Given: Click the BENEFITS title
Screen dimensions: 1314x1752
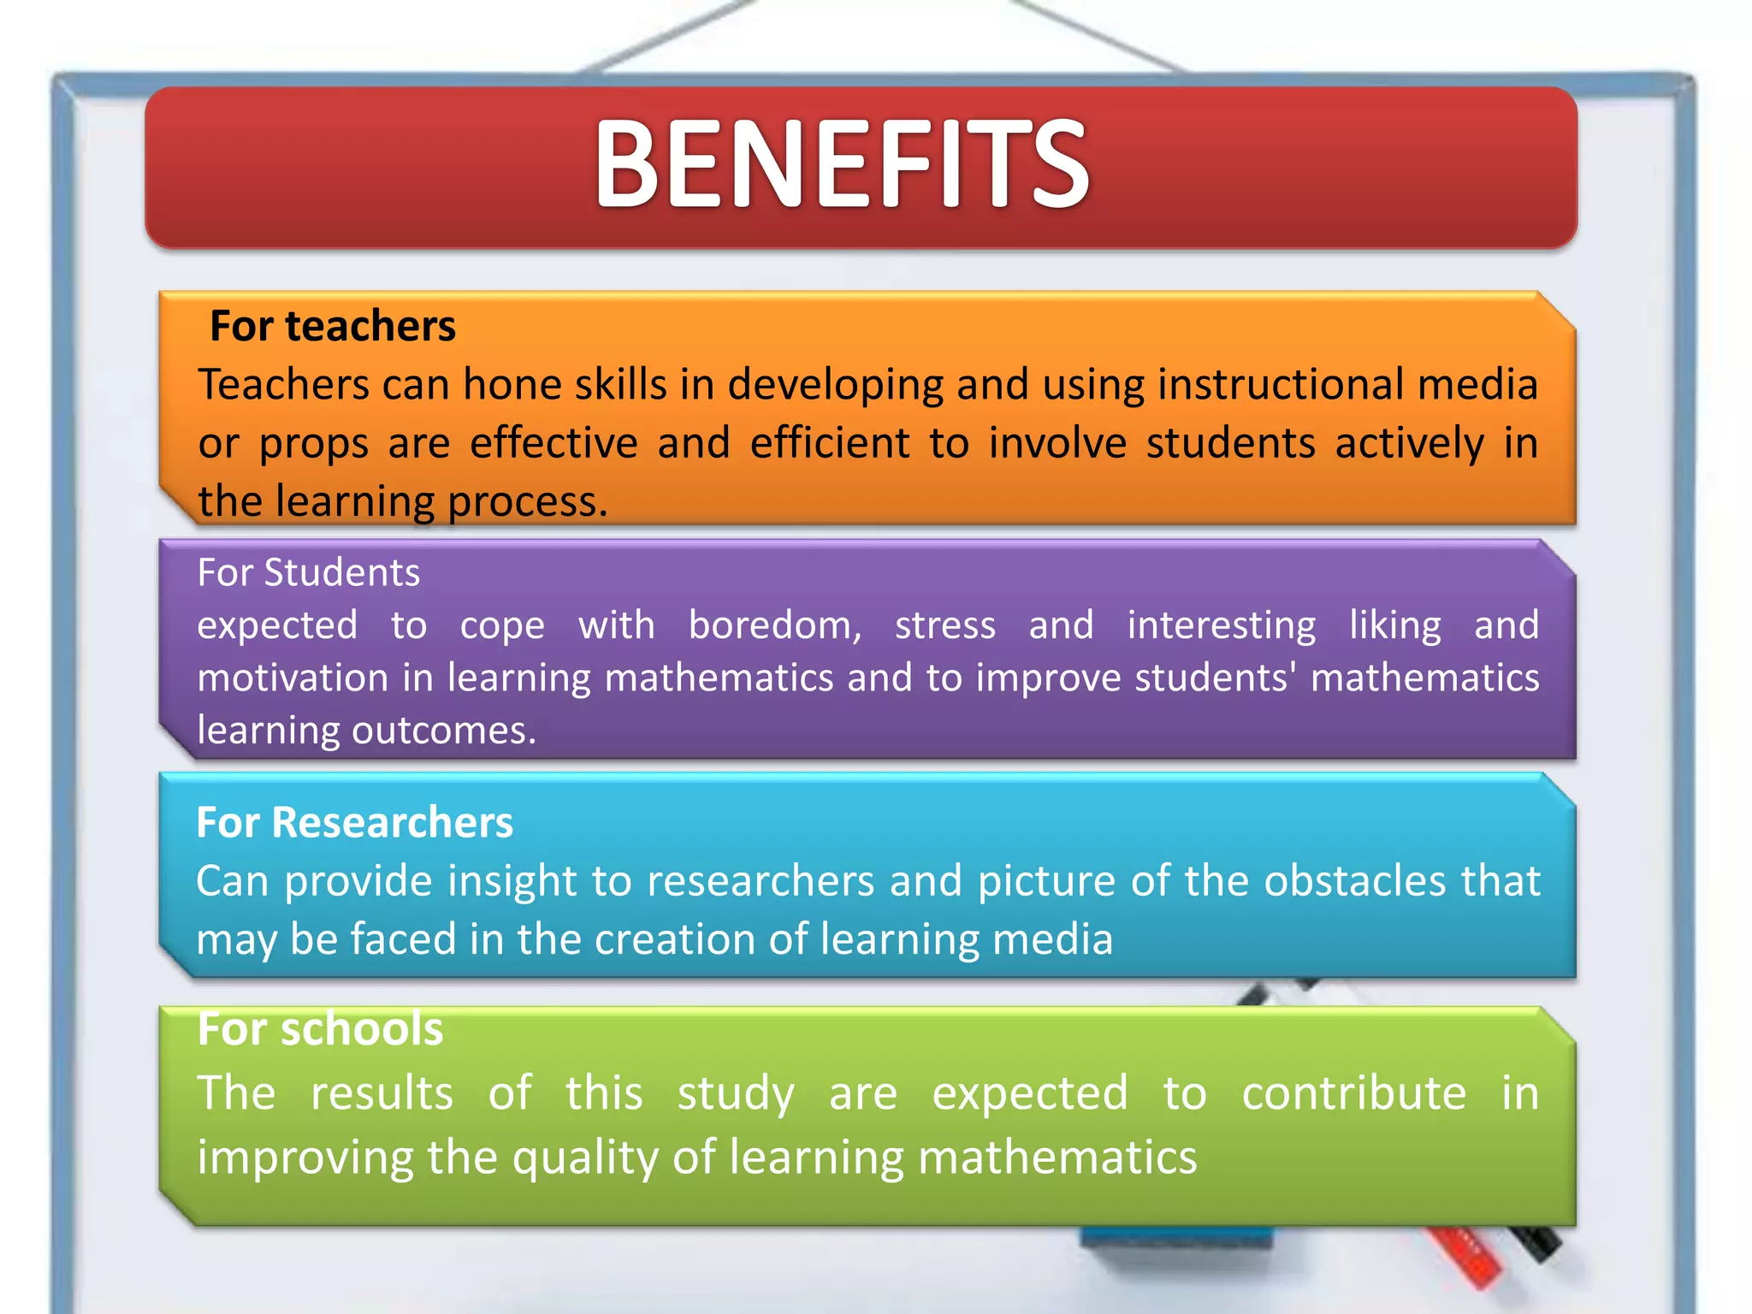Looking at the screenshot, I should pos(842,164).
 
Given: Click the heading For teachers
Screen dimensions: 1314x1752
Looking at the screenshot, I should pos(333,326).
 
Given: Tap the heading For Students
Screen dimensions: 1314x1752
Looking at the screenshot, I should pos(309,572).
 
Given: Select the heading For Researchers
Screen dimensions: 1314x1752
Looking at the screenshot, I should pos(354,822).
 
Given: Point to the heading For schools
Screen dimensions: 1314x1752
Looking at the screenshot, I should pos(320,1028).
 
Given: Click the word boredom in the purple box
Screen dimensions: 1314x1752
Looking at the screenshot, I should pos(774,625).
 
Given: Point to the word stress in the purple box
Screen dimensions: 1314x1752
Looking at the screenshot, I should pos(945,625).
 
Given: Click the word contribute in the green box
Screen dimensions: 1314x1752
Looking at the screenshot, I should pos(1353,1093).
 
